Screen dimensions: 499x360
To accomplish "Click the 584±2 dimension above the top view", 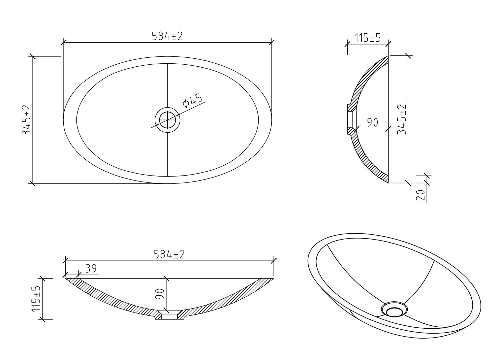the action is click(167, 36).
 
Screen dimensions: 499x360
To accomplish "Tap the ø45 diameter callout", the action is click(192, 101).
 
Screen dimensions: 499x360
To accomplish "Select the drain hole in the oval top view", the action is click(168, 120).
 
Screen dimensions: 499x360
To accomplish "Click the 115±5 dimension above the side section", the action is click(367, 38).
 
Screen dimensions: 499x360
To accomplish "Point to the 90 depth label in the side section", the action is click(372, 122).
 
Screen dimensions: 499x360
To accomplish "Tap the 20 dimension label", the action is click(421, 195).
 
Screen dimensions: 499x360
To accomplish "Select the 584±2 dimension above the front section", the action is click(169, 254).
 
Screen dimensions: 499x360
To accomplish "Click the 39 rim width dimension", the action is click(91, 269).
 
